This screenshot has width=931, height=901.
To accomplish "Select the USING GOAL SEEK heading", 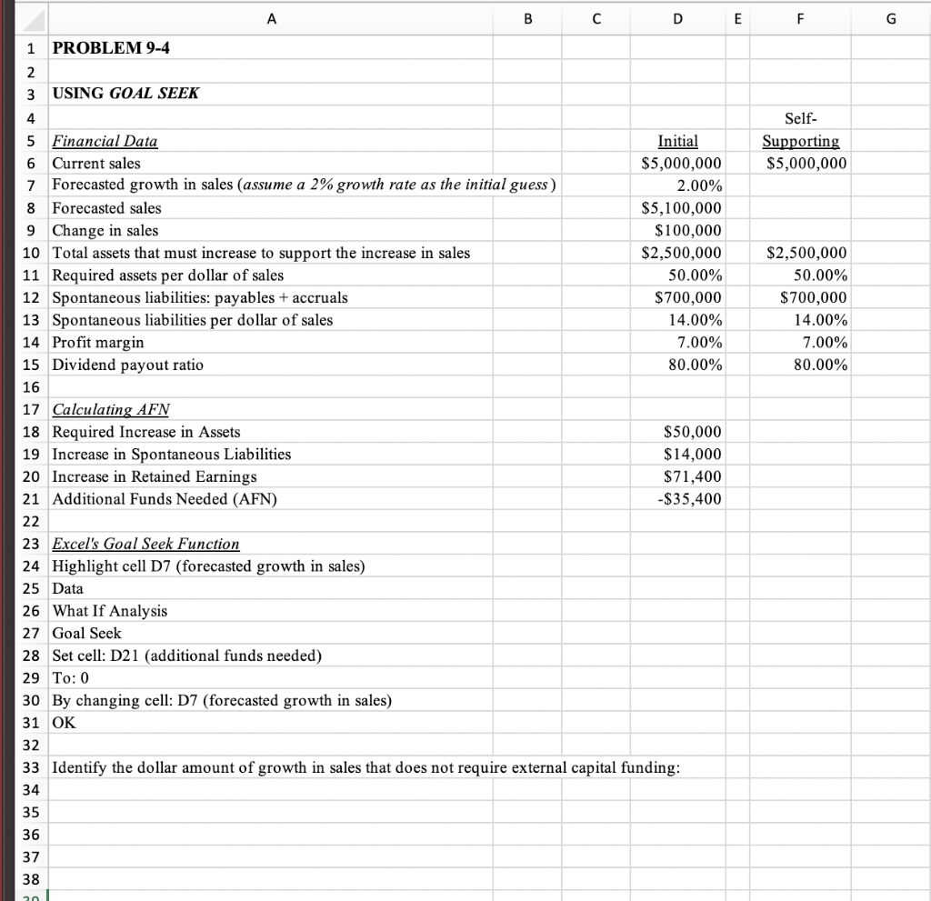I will tap(125, 94).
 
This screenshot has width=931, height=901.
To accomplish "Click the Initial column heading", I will tap(677, 142).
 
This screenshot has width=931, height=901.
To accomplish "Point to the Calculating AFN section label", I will tap(112, 410).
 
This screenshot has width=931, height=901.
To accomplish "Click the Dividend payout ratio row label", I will tap(127, 365).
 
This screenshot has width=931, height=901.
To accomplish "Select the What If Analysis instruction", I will tap(109, 611).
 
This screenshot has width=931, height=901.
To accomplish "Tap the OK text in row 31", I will tap(64, 723).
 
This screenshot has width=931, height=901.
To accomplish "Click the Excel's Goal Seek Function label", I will tap(145, 544).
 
